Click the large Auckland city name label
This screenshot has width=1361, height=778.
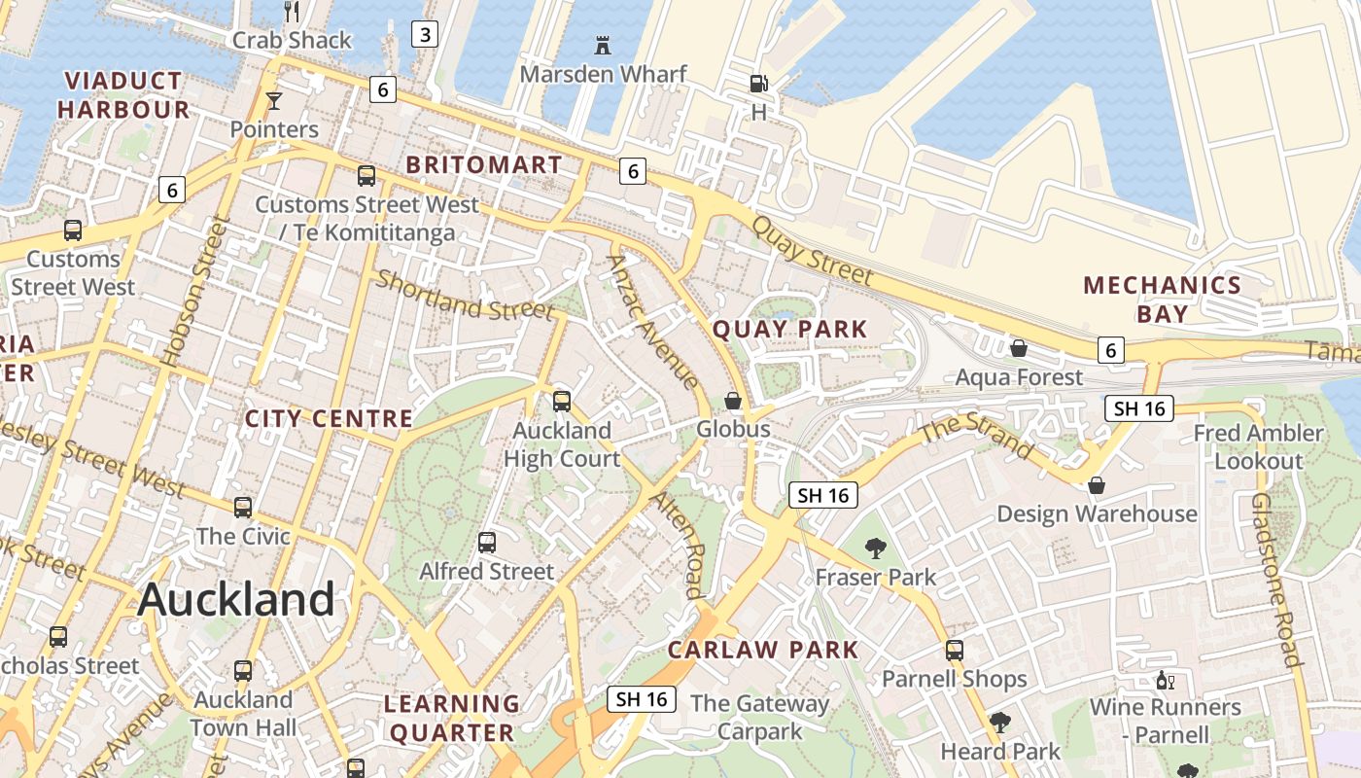[x=236, y=599]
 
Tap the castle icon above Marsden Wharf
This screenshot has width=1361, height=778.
[x=603, y=45]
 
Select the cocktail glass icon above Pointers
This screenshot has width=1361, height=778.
[x=274, y=100]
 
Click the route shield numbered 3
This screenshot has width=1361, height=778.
[x=424, y=35]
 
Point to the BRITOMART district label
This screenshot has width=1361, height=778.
[x=484, y=164]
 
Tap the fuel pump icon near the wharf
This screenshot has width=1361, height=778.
[x=758, y=84]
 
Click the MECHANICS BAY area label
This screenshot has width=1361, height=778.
[x=1163, y=299]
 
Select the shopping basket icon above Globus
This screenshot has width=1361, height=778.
[x=733, y=401]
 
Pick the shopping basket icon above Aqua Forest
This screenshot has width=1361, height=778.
[x=1019, y=348]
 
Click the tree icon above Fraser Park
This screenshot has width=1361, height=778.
[x=875, y=548]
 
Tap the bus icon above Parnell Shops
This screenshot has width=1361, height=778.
[x=955, y=651]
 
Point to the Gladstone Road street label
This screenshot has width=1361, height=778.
[x=1274, y=580]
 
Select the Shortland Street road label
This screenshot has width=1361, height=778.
[x=465, y=296]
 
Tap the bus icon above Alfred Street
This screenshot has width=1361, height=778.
[x=487, y=543]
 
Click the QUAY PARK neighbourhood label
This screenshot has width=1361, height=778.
[x=789, y=329]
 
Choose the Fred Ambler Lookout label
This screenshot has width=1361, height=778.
[x=1258, y=446]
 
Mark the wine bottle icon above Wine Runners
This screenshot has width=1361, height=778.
[x=1165, y=681]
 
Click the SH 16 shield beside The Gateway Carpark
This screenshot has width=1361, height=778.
[x=642, y=698]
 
